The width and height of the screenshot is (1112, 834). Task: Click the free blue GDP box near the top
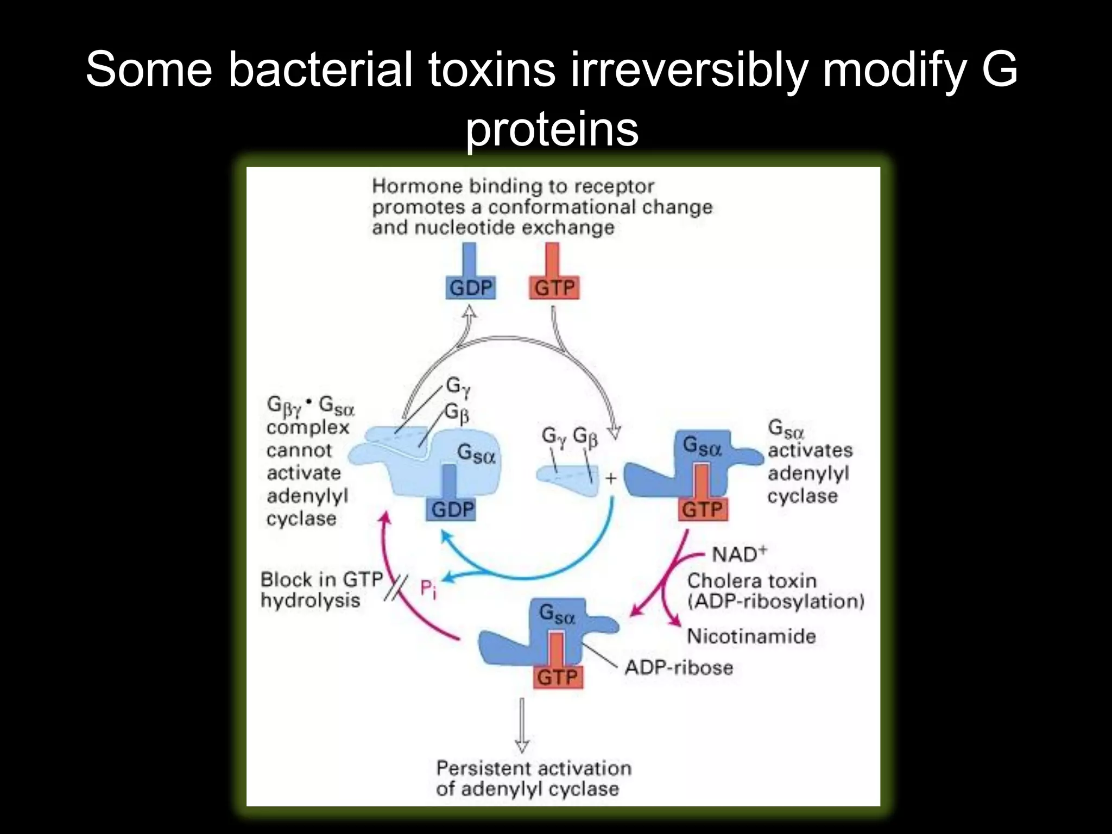(470, 288)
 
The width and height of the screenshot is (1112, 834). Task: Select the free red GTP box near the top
(554, 288)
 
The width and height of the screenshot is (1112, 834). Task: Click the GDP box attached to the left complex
(452, 509)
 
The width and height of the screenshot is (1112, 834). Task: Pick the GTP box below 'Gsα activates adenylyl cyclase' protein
(702, 509)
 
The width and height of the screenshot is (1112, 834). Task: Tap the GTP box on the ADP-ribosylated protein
(557, 677)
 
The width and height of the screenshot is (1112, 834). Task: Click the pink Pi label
(428, 589)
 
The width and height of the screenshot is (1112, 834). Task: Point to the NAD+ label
(739, 554)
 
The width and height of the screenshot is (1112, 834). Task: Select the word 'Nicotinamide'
(751, 636)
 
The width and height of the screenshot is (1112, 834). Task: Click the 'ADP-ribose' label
(679, 667)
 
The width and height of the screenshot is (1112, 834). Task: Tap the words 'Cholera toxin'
(752, 581)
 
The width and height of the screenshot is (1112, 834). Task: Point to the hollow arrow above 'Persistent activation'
(522, 725)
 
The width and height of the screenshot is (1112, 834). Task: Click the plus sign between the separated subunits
(611, 478)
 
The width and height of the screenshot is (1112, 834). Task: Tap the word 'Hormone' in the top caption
(417, 187)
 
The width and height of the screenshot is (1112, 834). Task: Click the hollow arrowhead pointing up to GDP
(470, 313)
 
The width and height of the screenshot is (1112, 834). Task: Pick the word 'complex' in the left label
(308, 428)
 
